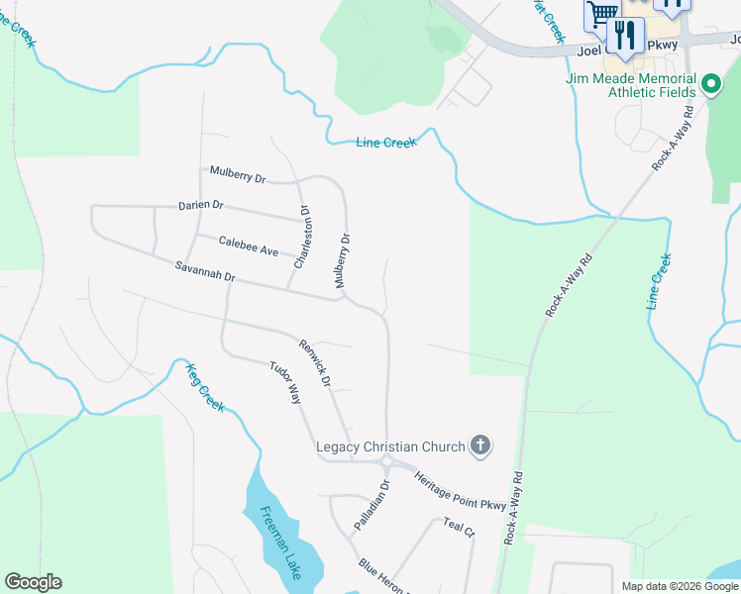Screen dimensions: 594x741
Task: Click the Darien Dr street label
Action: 201,206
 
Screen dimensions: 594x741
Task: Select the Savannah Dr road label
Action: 204,271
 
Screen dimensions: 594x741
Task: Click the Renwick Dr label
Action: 313,360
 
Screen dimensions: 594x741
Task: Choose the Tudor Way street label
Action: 284,382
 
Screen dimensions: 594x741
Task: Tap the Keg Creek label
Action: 205,387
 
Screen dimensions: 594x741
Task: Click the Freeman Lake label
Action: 280,544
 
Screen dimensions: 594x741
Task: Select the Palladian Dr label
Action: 373,504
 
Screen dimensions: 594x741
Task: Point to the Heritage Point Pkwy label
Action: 461,491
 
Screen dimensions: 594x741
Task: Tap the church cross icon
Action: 480,445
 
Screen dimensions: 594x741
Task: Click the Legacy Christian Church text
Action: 390,446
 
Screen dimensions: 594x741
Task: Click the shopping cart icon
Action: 600,14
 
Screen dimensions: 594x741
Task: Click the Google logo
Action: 33,582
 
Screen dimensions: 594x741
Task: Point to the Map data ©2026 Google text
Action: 679,586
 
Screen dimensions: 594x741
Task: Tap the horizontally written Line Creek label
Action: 386,143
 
